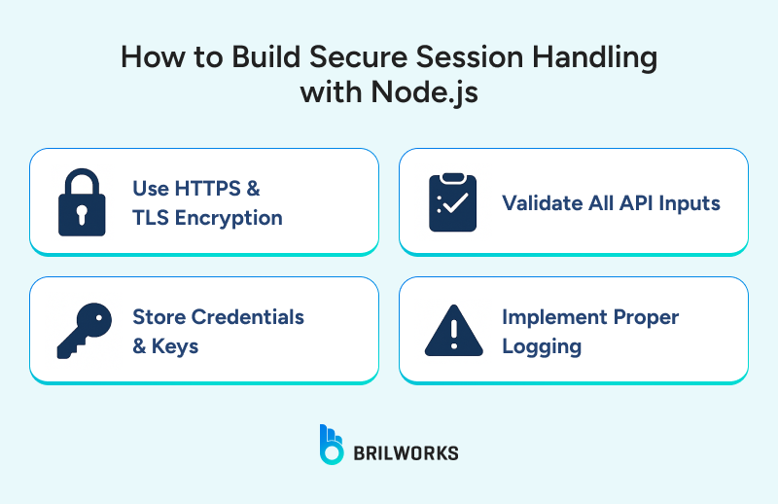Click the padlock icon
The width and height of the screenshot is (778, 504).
coord(81,202)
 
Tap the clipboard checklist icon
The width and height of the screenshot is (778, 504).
coord(452,202)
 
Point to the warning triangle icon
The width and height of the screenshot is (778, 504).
coord(453,331)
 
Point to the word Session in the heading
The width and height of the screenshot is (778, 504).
coord(473,57)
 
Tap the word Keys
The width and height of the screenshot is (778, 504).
coord(175,346)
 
